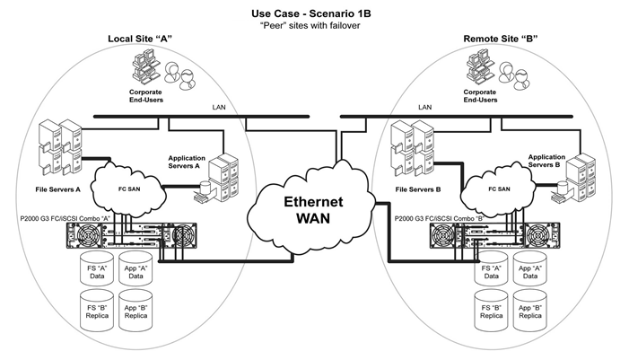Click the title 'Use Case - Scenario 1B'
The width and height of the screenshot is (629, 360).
click(311, 13)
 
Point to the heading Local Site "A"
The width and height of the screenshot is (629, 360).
click(140, 39)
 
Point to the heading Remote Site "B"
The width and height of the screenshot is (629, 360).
click(501, 39)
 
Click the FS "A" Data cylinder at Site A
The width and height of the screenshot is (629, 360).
click(97, 269)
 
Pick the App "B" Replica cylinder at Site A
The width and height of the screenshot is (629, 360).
click(136, 311)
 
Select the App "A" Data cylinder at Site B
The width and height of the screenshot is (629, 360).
click(530, 269)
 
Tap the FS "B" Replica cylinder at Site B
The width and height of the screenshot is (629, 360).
click(492, 311)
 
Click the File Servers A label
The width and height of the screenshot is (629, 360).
click(57, 189)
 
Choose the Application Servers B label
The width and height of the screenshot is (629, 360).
click(546, 161)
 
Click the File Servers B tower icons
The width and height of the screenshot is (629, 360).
click(413, 148)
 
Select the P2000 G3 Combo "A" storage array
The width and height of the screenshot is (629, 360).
click(132, 235)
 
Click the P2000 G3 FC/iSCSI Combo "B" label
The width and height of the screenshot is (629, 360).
click(440, 218)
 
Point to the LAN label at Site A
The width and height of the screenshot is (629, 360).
click(219, 107)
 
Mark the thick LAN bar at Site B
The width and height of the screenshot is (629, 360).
click(457, 117)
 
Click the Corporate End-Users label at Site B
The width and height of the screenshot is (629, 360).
click(480, 96)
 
